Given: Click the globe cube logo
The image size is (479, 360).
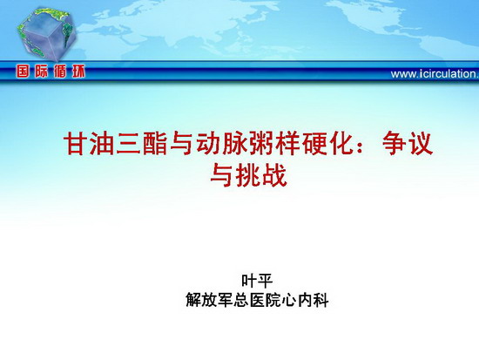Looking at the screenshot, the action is coord(46,34).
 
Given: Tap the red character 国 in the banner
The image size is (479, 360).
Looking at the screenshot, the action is coord(24,71).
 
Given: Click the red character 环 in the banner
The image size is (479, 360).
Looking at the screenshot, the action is coord(78,71).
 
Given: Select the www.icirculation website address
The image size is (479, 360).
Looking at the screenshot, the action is coord(435,74).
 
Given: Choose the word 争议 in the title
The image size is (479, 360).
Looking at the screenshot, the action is coord(408,144).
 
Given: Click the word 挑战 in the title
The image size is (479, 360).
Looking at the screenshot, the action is coord(262,175).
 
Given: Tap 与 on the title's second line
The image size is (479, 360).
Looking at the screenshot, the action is coord(223,175).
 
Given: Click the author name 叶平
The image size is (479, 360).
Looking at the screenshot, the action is coord(257,281).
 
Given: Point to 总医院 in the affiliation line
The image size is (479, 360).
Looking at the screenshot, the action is coord(257,300).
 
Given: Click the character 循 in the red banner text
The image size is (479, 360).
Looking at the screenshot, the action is coord(60,71).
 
